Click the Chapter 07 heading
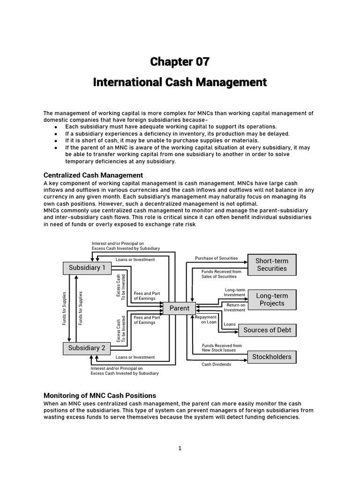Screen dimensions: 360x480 click(180, 61)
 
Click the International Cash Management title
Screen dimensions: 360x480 click(180, 82)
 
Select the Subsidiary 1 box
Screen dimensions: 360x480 click(87, 268)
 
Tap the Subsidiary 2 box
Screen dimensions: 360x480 click(87, 348)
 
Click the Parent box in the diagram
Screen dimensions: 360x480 click(180, 308)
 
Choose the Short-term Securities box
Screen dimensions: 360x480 click(272, 265)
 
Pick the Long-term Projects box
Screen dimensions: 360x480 click(272, 300)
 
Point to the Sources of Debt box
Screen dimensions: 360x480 click(267, 330)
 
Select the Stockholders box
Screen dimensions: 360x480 click(272, 357)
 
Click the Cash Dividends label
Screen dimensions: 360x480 click(217, 364)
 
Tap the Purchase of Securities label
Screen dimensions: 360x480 click(217, 258)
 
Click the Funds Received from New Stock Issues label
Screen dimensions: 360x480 click(222, 348)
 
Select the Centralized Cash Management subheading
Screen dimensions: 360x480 click(86, 175)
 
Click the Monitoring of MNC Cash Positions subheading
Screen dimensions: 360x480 click(100, 395)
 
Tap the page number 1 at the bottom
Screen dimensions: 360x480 click(180, 448)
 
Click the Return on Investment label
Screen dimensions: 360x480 click(235, 307)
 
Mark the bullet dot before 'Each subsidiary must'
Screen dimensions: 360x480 click(56, 127)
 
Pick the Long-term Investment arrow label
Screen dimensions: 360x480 click(235, 292)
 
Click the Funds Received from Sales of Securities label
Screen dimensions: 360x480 click(221, 274)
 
